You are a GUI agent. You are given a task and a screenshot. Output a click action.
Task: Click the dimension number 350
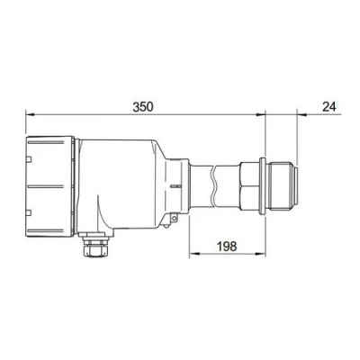pyautogui.click(x=142, y=105)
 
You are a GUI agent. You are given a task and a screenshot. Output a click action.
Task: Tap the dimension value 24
pyautogui.click(x=328, y=105)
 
